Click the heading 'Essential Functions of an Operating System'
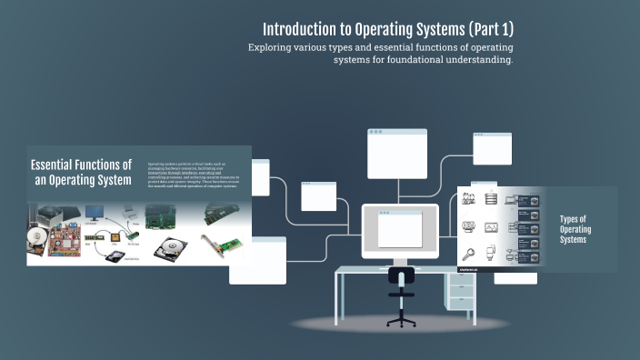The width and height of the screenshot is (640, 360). click(x=81, y=172)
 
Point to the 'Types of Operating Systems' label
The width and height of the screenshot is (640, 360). click(x=575, y=229)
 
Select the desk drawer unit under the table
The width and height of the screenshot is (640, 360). click(x=461, y=293)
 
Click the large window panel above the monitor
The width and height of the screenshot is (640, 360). click(x=396, y=153)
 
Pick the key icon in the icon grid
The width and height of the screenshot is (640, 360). click(x=469, y=255)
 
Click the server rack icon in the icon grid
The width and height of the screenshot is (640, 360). click(x=491, y=198)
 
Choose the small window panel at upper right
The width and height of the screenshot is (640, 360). click(x=492, y=147)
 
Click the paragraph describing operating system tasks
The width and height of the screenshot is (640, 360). click(x=196, y=174)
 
